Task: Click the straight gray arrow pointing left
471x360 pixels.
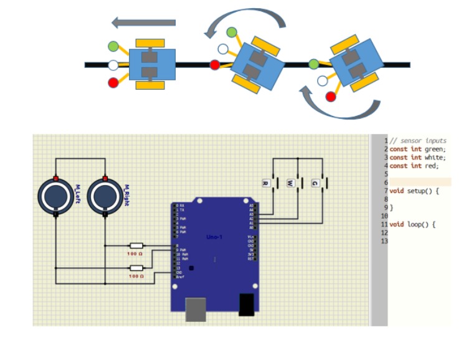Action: point(143,22)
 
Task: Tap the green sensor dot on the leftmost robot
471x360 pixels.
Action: point(113,46)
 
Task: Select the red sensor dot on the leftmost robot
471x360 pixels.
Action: point(113,82)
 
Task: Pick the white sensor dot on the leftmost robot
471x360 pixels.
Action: point(113,64)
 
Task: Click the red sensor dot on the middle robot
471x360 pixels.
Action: point(215,64)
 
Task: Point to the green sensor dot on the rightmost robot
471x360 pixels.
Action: point(314,64)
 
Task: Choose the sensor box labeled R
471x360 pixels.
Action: point(265,183)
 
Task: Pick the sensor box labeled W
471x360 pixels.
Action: point(290,183)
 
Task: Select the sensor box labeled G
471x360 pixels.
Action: point(315,183)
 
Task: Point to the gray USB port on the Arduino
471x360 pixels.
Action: point(196,309)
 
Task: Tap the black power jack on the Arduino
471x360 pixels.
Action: point(247,303)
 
